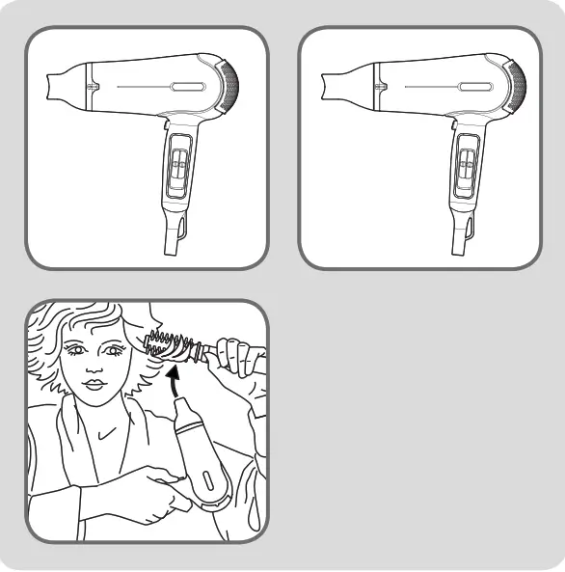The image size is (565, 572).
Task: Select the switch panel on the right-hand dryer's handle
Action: click(466, 169)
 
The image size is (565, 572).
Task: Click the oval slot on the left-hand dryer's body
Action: click(185, 86)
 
